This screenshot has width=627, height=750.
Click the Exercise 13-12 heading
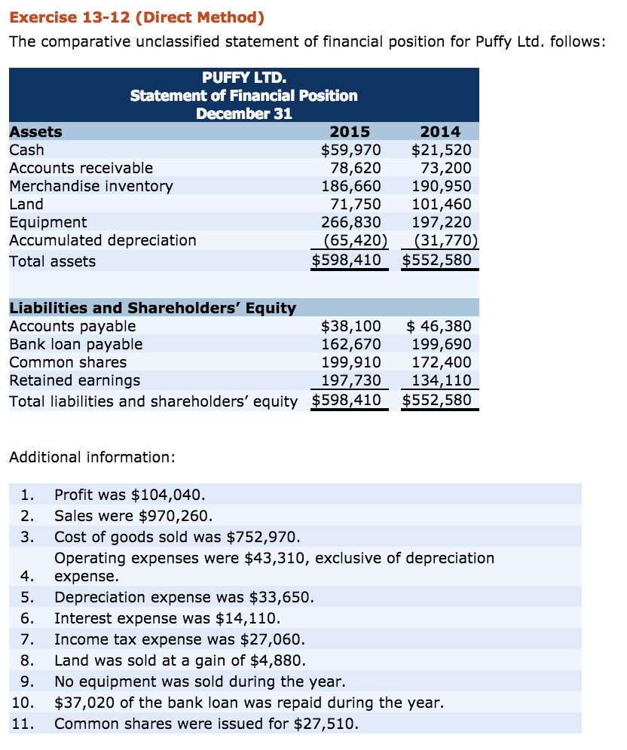tap(137, 17)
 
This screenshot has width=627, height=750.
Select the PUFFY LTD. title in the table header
tap(243, 78)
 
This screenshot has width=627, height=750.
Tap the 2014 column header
tap(439, 132)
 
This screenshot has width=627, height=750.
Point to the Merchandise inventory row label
tap(90, 186)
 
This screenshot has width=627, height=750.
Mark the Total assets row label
tap(52, 261)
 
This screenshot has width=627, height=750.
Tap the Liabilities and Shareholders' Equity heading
tap(152, 308)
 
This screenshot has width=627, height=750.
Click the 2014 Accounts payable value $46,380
tap(439, 326)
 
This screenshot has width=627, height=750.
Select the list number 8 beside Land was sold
tap(27, 661)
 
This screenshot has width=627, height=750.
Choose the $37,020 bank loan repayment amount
tap(81, 703)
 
